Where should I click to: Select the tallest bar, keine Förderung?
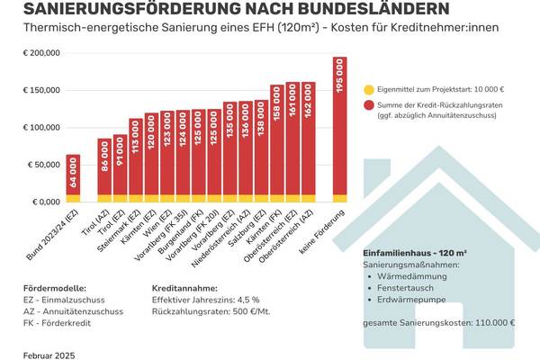click(x=339, y=130)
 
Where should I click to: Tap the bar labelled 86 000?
click(x=104, y=170)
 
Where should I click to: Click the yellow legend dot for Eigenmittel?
click(x=370, y=90)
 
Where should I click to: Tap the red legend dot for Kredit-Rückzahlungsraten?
click(x=370, y=105)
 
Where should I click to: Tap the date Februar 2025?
click(x=50, y=355)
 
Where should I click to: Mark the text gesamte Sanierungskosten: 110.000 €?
click(x=438, y=322)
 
